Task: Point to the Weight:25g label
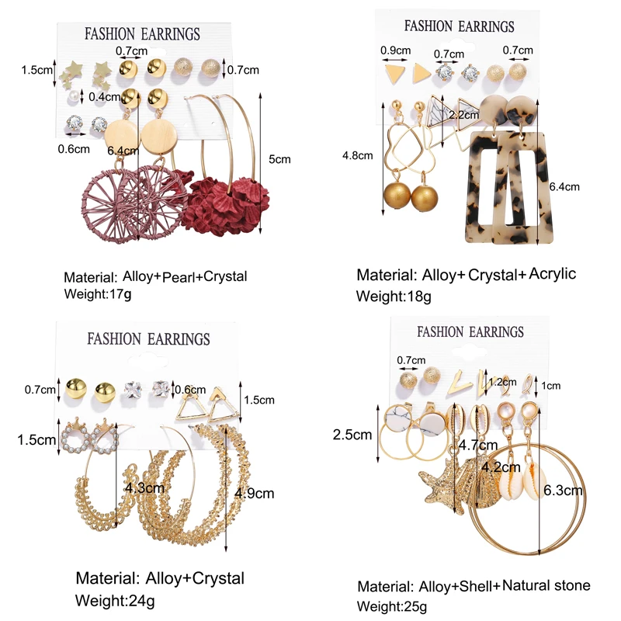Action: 392,605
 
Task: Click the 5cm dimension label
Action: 280,159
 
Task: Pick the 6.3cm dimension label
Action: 564,491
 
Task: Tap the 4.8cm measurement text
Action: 357,154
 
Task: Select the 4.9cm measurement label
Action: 254,493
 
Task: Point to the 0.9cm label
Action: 395,51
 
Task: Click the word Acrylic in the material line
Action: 553,274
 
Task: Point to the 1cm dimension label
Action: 551,385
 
